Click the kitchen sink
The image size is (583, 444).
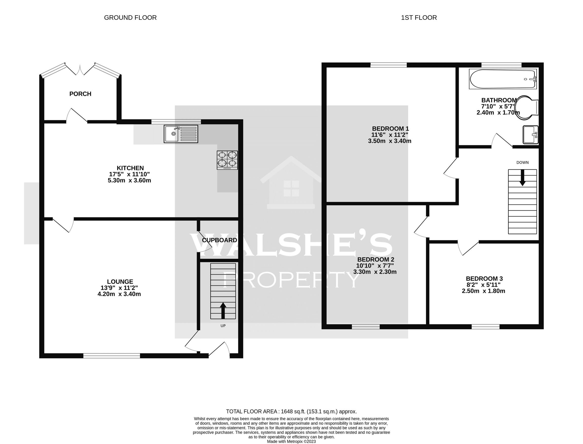(x=181, y=134)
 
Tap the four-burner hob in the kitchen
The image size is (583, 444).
(x=227, y=160)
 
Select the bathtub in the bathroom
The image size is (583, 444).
(x=503, y=79)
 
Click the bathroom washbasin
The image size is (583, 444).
(x=530, y=134)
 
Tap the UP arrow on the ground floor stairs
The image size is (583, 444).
(x=223, y=311)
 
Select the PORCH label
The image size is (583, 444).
(x=80, y=94)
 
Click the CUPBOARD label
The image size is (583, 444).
(x=219, y=240)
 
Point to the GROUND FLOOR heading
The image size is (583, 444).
(x=130, y=18)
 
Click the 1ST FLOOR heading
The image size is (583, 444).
(x=419, y=18)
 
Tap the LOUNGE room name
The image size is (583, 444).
(x=120, y=282)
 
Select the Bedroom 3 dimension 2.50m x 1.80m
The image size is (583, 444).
(x=484, y=291)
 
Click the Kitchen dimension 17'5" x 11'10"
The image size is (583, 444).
(x=130, y=174)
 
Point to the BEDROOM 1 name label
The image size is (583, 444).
(x=390, y=129)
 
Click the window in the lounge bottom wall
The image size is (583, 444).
(x=112, y=356)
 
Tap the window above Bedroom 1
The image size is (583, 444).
(x=389, y=65)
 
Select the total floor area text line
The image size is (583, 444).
(x=291, y=411)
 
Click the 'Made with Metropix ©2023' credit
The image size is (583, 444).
(x=291, y=441)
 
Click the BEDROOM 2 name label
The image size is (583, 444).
(x=376, y=259)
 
